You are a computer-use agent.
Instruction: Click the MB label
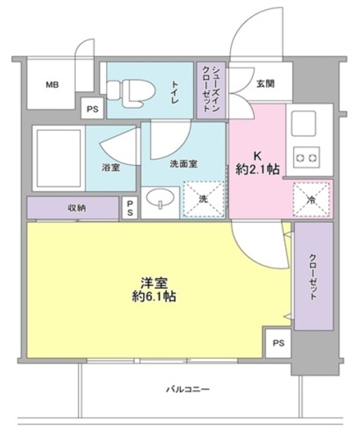(52, 85)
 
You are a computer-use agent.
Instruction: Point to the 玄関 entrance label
(265, 84)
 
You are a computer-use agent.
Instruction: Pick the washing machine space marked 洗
(204, 200)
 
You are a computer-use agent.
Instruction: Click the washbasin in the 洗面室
(161, 202)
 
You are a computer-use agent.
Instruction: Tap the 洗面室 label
(183, 163)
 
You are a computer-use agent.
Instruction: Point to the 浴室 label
(111, 167)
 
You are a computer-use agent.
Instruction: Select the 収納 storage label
(76, 208)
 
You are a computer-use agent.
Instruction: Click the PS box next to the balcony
(277, 343)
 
